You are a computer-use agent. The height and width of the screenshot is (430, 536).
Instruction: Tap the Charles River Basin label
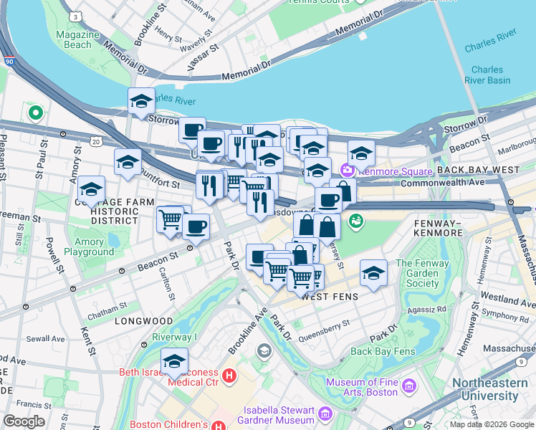491,75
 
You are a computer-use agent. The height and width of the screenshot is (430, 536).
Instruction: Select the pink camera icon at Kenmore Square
348,171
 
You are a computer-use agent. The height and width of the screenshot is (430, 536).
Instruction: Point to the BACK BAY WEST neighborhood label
478,170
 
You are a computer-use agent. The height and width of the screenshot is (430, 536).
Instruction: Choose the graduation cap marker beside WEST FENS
373,272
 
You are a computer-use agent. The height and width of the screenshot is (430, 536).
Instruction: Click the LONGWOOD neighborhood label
143,321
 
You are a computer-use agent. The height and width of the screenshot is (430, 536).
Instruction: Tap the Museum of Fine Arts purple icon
410,387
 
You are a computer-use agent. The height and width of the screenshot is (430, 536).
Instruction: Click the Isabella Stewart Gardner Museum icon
325,413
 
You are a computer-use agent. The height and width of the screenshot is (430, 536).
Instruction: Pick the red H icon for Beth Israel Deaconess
229,375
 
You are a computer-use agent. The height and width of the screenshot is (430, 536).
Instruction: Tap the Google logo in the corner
24,421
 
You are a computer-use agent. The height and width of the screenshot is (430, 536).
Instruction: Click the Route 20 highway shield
96,143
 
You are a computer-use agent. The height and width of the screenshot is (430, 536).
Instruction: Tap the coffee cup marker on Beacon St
196,227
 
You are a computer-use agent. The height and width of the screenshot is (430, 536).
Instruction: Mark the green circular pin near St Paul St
34,113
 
